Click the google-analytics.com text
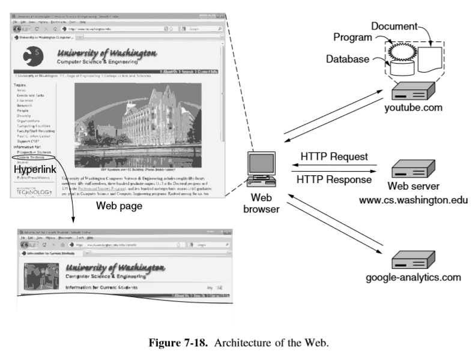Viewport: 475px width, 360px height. [x=414, y=277]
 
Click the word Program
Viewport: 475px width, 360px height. [x=354, y=38]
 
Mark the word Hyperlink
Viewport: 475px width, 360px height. [x=35, y=170]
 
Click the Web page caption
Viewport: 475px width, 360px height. [x=120, y=206]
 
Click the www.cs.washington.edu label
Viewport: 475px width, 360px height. [x=413, y=198]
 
